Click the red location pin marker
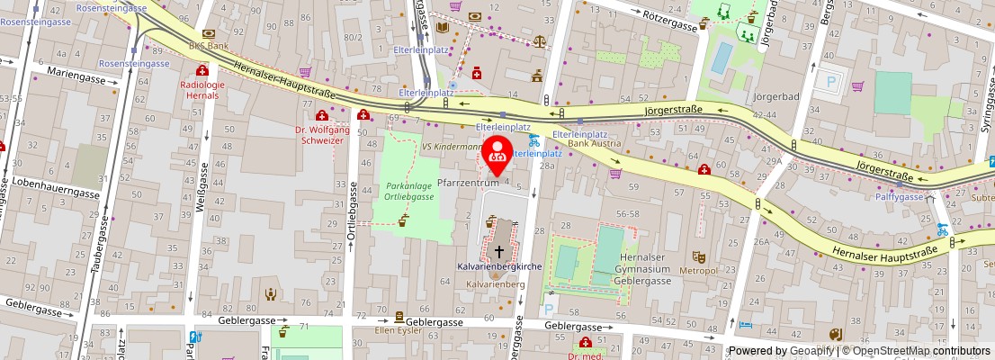tap(497, 154)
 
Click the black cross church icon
tap(499, 251)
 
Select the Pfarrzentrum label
tap(468, 183)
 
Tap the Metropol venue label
tap(698, 270)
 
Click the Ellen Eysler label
tap(399, 329)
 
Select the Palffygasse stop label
tap(900, 196)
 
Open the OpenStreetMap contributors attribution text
tap(921, 351)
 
